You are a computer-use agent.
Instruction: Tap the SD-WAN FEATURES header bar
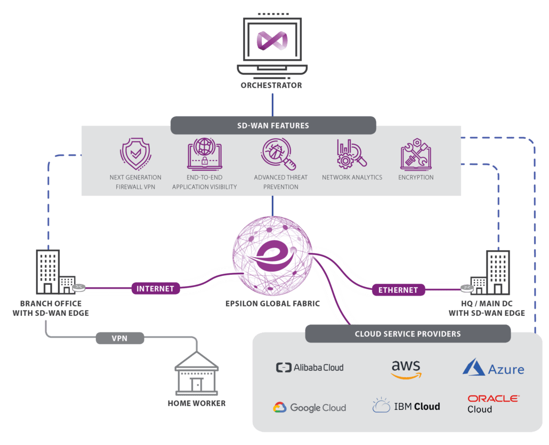click(x=273, y=125)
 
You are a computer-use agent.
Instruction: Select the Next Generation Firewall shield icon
click(x=135, y=154)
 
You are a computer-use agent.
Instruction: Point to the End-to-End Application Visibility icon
click(x=205, y=154)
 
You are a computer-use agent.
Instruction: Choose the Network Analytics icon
click(x=352, y=154)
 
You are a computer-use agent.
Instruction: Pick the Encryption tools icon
click(x=416, y=154)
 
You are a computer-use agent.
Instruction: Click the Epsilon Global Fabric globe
click(x=272, y=256)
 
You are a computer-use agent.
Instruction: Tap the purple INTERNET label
click(x=156, y=288)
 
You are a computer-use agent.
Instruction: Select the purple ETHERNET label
click(x=398, y=290)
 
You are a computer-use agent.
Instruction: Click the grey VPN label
click(x=120, y=338)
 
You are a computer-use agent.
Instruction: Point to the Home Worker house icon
click(x=197, y=374)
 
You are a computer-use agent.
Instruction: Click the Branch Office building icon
click(x=56, y=272)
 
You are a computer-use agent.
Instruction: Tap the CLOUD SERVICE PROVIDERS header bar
click(x=408, y=333)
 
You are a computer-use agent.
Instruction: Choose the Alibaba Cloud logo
click(x=310, y=368)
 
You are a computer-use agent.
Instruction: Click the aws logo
click(x=406, y=369)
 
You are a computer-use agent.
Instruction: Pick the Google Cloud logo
click(x=310, y=408)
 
